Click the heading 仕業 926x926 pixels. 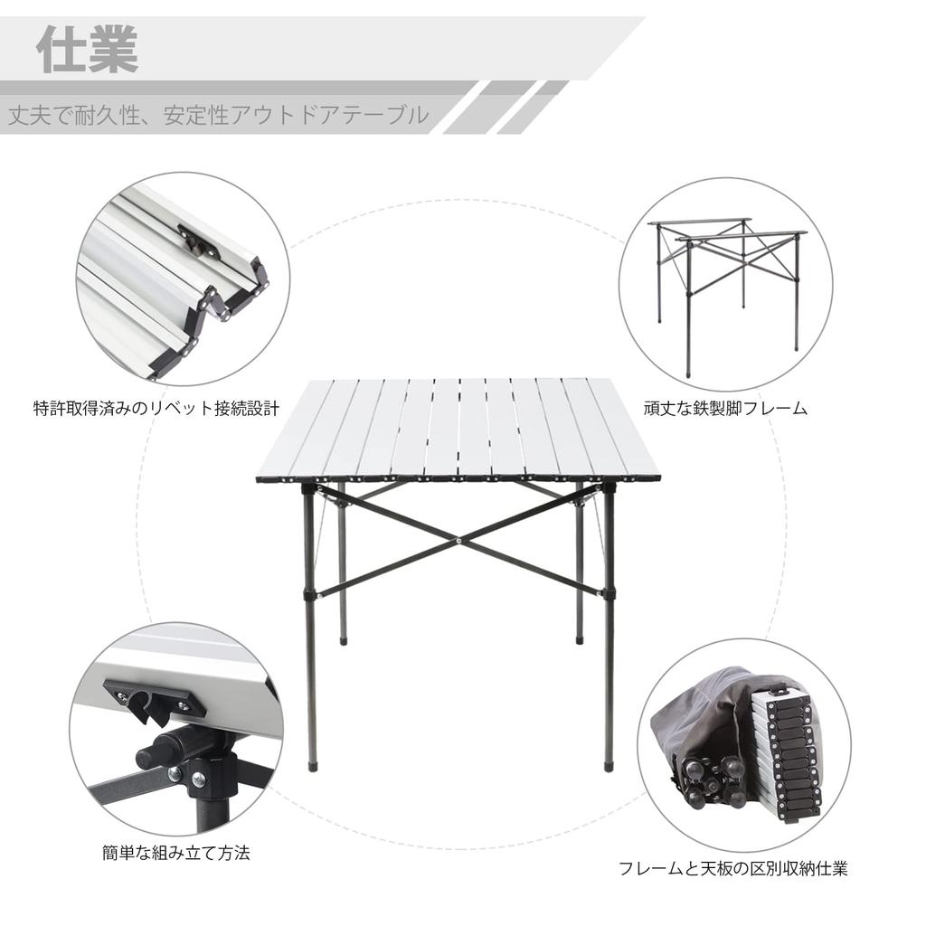pyautogui.click(x=88, y=51)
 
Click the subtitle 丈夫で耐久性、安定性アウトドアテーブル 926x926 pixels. pyautogui.click(x=218, y=116)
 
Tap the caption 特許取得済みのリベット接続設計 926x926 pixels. pyautogui.click(x=156, y=408)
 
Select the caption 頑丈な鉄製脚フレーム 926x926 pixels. pyautogui.click(x=725, y=408)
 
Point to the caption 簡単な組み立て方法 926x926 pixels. pyautogui.click(x=175, y=852)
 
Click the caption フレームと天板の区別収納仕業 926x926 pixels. pyautogui.click(x=733, y=870)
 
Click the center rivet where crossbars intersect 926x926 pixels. pyautogui.click(x=459, y=540)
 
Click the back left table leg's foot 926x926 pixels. pyautogui.click(x=344, y=640)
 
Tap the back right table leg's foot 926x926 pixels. pyautogui.click(x=580, y=640)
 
